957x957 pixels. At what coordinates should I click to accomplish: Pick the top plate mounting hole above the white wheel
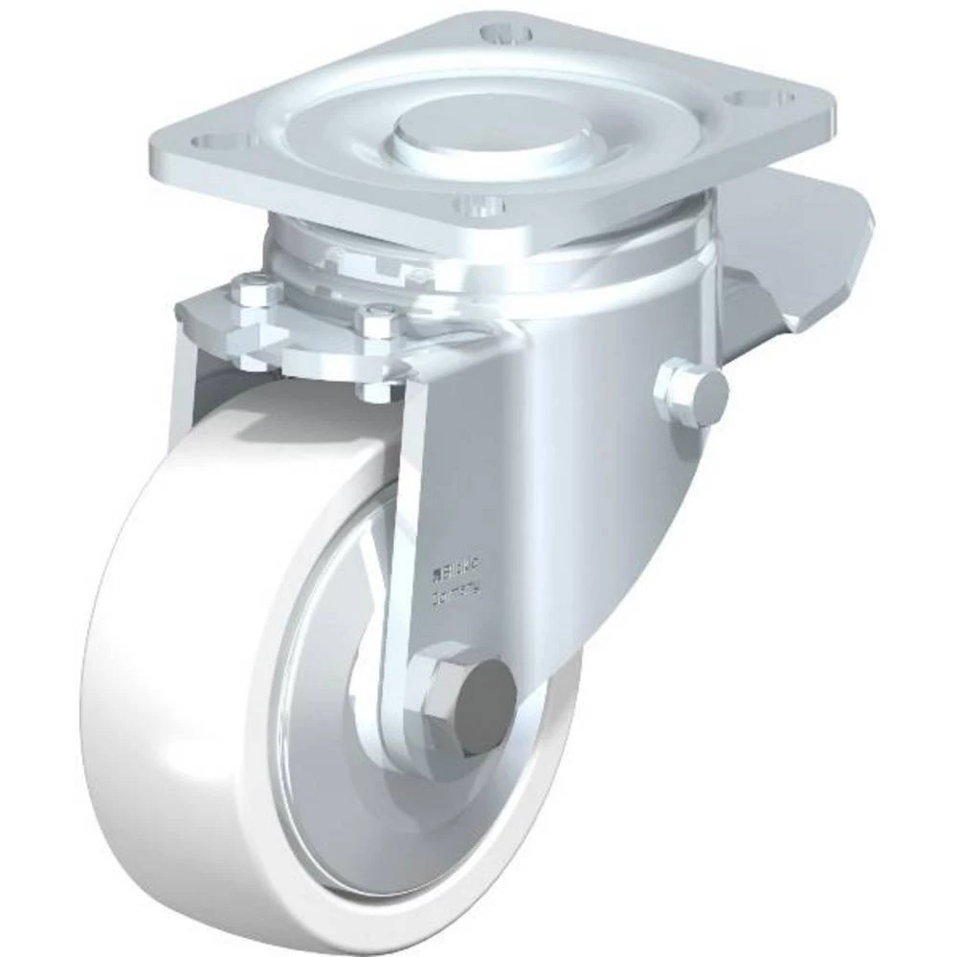click(215, 142)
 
